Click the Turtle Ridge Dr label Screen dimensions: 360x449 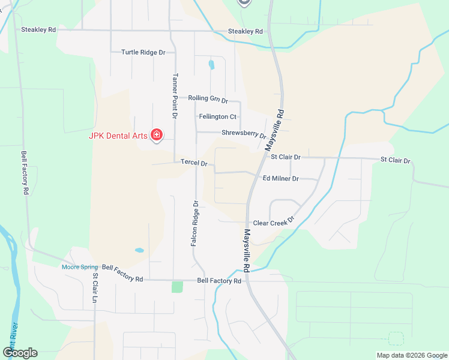143,52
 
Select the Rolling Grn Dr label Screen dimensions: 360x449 208,98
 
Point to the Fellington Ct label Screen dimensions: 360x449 217,116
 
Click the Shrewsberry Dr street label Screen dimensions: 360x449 243,133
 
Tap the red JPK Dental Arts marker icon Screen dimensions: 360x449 157,134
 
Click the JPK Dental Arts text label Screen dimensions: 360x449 118,136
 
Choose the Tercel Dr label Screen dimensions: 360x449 194,163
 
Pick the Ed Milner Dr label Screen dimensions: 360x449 281,178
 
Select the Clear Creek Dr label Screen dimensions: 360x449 274,223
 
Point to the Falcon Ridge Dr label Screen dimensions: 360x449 195,223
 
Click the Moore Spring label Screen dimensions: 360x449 80,267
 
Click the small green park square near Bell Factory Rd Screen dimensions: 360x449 177,287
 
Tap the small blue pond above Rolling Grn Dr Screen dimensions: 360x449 211,64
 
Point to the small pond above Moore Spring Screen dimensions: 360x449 139,250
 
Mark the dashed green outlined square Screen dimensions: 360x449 396,338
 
